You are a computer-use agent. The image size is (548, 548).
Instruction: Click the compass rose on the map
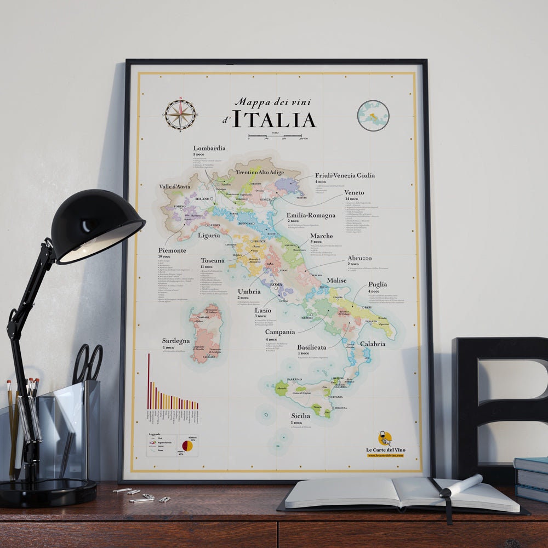pos(180,115)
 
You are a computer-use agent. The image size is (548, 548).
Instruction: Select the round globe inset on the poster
pos(373,116)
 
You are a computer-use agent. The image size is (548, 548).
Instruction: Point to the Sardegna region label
pos(176,340)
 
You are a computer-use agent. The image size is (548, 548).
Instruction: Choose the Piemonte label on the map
pos(172,250)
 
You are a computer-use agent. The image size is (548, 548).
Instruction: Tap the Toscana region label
pos(213,260)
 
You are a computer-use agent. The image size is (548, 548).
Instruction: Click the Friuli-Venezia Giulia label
pos(345,175)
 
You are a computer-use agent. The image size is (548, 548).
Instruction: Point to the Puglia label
pos(378,284)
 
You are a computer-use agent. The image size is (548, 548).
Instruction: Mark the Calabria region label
pos(373,344)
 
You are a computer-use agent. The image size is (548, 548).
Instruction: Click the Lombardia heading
pos(209,148)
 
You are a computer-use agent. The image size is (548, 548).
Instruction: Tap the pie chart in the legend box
pos(187,446)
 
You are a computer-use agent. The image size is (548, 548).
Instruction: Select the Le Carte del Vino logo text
pos(386,450)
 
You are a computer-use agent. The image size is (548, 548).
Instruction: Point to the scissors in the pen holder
pos(88,362)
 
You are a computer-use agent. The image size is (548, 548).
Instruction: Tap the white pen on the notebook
pos(461,486)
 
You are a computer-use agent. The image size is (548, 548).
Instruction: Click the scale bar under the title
pos(275,135)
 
